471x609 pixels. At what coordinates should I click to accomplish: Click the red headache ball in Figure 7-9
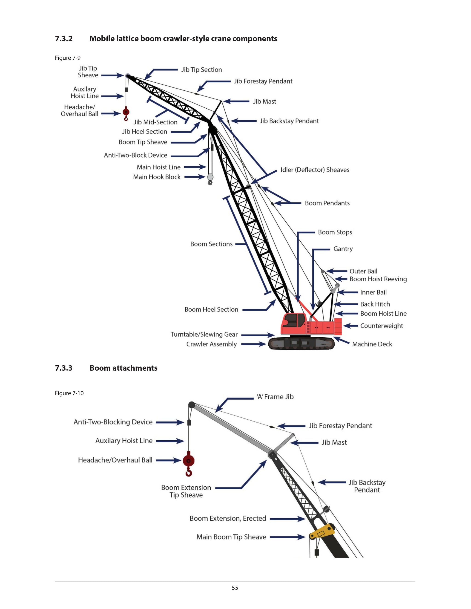click(x=126, y=112)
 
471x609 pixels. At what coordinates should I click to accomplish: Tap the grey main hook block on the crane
click(x=210, y=177)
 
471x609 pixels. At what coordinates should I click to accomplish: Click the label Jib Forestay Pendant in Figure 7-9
click(x=263, y=81)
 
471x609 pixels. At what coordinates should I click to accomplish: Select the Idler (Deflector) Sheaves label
click(x=315, y=170)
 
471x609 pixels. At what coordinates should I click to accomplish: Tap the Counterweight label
click(x=381, y=326)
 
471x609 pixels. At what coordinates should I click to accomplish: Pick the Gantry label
click(x=343, y=249)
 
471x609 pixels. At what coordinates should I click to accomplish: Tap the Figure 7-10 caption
click(x=69, y=393)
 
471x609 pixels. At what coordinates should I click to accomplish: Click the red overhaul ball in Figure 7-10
click(x=188, y=460)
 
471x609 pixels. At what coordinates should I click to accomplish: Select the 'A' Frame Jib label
click(x=275, y=397)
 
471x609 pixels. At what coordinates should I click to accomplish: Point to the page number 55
click(x=235, y=588)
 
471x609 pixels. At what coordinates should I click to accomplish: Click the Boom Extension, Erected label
click(x=228, y=518)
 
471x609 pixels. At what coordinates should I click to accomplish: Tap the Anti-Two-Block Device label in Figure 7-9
click(x=135, y=155)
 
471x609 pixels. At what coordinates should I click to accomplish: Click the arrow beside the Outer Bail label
click(x=336, y=271)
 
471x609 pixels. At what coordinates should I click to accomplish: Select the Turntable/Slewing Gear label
click(x=204, y=334)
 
